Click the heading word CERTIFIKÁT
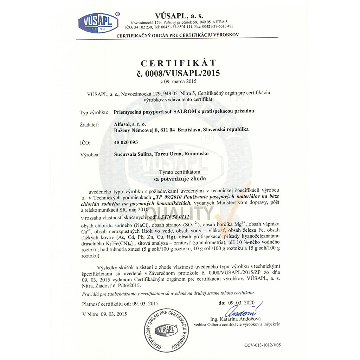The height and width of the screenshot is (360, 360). point(178,63)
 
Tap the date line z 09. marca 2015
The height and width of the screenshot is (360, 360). point(178,82)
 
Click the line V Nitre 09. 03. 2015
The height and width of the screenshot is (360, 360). point(104,314)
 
